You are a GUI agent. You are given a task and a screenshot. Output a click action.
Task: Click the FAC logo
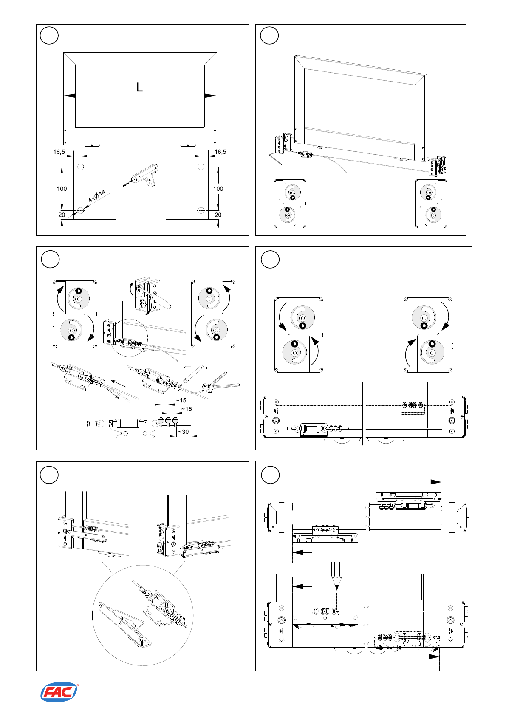(59, 692)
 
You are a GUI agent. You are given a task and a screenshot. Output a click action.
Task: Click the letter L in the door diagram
(139, 87)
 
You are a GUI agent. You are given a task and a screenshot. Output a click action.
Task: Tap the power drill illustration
(141, 175)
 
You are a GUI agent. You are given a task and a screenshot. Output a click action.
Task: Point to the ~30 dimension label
(184, 432)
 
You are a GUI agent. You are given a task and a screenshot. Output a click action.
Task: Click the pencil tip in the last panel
(336, 588)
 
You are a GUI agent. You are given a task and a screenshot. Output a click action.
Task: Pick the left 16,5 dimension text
(59, 152)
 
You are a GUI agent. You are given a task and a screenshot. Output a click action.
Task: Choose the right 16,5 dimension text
(220, 152)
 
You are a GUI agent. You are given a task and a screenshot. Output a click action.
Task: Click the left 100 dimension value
(62, 189)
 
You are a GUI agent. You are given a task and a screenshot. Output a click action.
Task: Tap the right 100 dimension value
(218, 189)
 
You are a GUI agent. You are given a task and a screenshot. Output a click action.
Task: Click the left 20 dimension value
(62, 215)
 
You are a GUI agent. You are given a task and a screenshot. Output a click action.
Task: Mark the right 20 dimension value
(218, 215)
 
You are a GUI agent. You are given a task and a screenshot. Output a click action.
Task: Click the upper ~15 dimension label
(181, 400)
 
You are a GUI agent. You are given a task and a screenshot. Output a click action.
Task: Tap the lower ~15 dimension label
(187, 409)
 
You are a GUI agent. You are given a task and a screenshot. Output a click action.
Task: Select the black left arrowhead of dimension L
(70, 96)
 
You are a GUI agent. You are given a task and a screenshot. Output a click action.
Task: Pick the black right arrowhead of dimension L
(211, 96)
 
